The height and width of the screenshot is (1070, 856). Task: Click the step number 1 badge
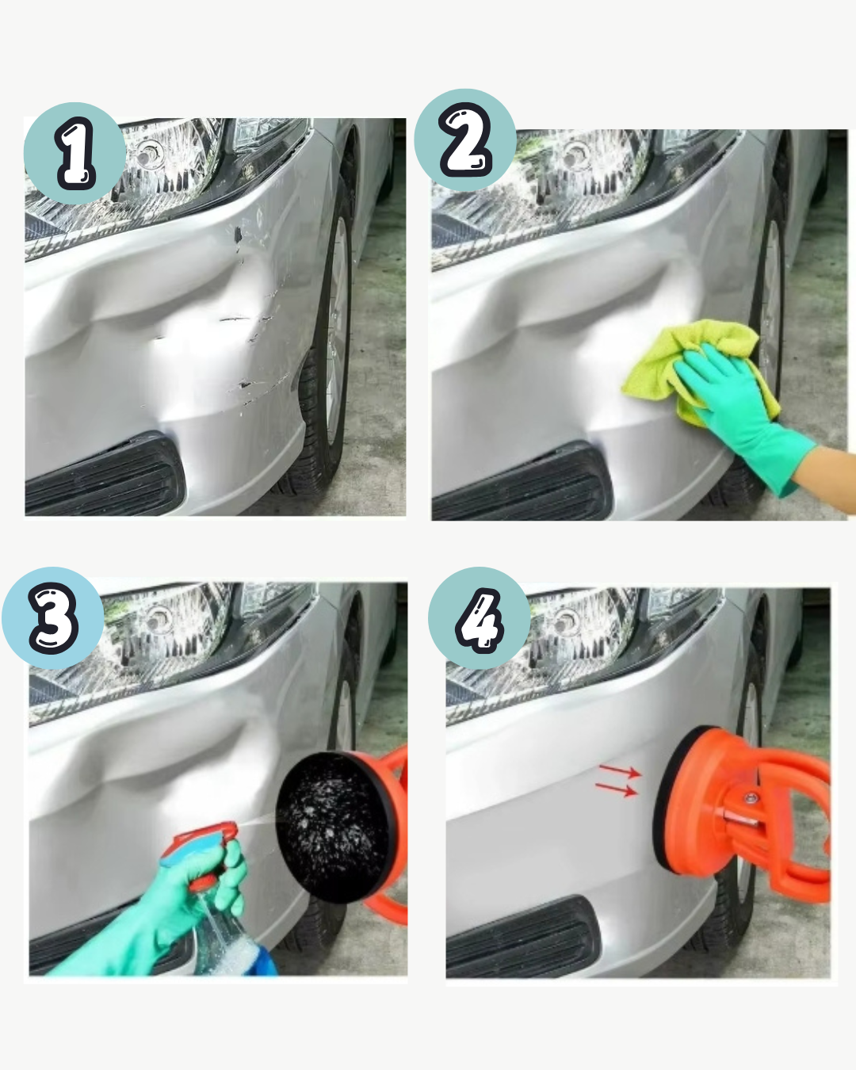pos(75,153)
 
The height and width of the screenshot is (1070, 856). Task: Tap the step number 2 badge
pos(465,139)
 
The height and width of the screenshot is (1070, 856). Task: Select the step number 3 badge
pos(53,618)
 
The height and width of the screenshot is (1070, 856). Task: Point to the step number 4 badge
pos(480,618)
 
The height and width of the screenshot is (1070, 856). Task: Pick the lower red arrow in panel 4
pos(617,789)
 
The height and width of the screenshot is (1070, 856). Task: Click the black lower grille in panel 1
pos(105,475)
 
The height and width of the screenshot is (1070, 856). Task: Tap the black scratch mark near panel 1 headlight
pos(238,233)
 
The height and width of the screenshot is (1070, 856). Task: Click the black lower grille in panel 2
pos(522,483)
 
